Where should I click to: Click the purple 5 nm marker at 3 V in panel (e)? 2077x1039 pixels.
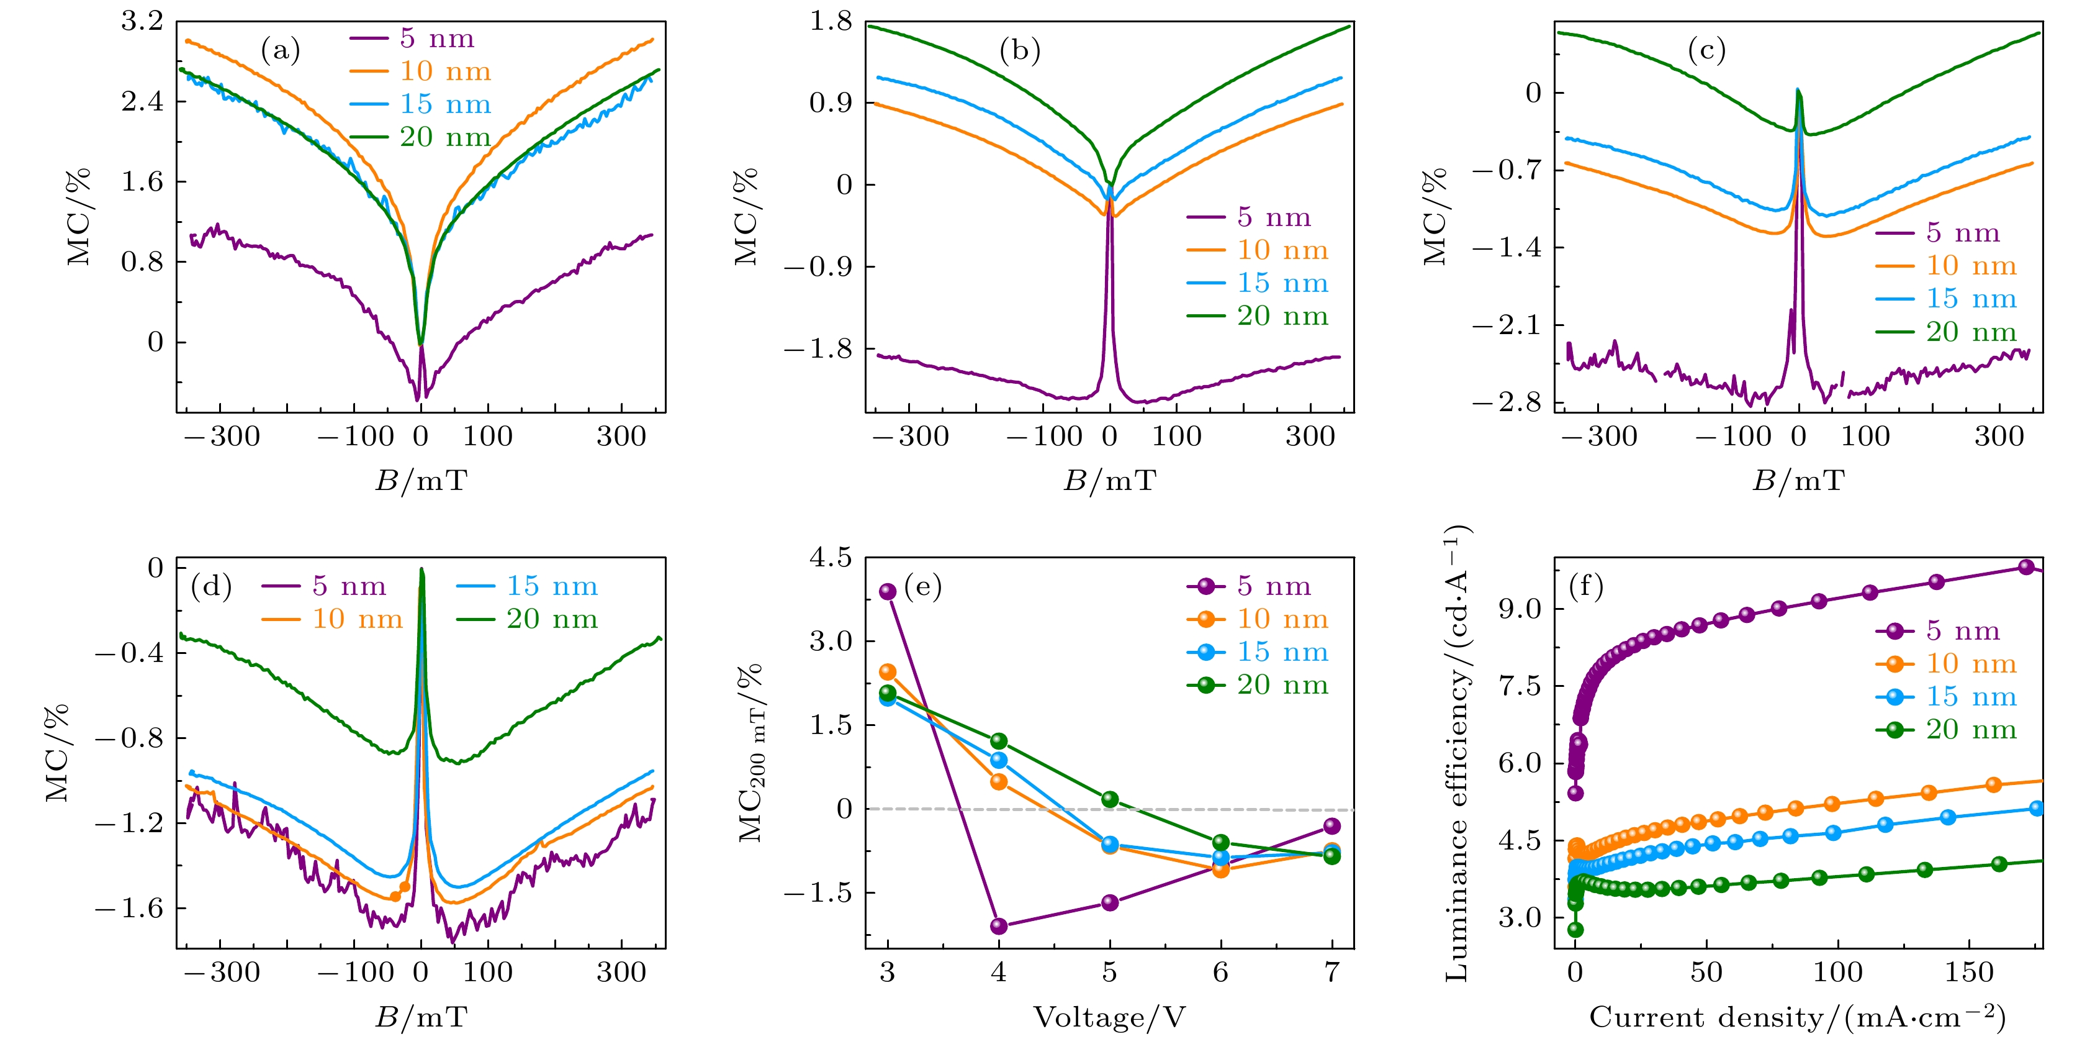pyautogui.click(x=888, y=591)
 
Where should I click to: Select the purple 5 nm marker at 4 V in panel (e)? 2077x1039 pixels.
pyautogui.click(x=999, y=926)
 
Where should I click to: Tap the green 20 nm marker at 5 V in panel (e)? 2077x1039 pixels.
pyautogui.click(x=1111, y=799)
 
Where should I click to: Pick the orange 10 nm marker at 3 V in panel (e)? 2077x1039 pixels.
pyautogui.click(x=888, y=672)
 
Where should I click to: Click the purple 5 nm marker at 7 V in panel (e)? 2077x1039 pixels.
pyautogui.click(x=1332, y=826)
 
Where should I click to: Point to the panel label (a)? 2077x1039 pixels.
pyautogui.click(x=281, y=51)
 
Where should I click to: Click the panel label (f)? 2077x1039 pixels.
pyautogui.click(x=1586, y=586)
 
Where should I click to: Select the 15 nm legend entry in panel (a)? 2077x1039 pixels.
pyautogui.click(x=421, y=104)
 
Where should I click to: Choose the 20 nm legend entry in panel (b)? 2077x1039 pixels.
pyautogui.click(x=1258, y=316)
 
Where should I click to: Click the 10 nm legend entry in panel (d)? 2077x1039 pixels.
pyautogui.click(x=332, y=620)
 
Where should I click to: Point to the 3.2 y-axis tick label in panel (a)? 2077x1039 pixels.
pyautogui.click(x=142, y=22)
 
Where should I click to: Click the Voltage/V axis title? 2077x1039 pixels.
pyautogui.click(x=1109, y=1018)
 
